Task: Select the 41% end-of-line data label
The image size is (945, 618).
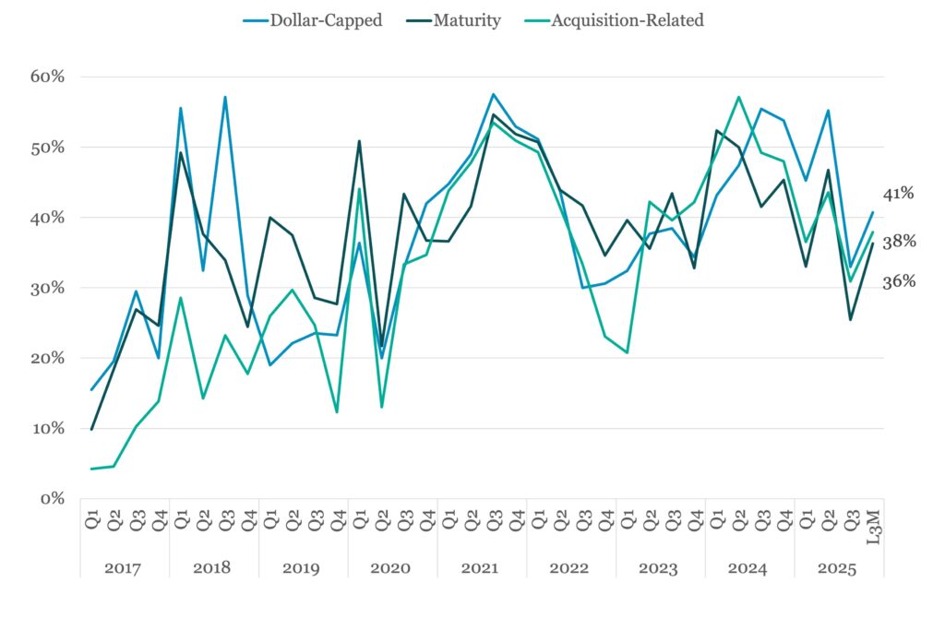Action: tap(898, 194)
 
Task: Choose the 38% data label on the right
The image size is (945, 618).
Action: tap(898, 242)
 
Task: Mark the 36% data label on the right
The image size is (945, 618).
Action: tap(898, 281)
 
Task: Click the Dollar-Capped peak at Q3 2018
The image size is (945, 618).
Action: tap(225, 97)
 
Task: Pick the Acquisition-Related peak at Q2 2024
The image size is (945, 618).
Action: tap(738, 97)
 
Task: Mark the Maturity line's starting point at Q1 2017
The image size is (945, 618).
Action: tap(91, 429)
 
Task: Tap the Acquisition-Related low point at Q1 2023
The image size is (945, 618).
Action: tap(627, 352)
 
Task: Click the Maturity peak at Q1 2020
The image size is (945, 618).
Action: tap(358, 141)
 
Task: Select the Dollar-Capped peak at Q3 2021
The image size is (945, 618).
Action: tap(493, 94)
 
